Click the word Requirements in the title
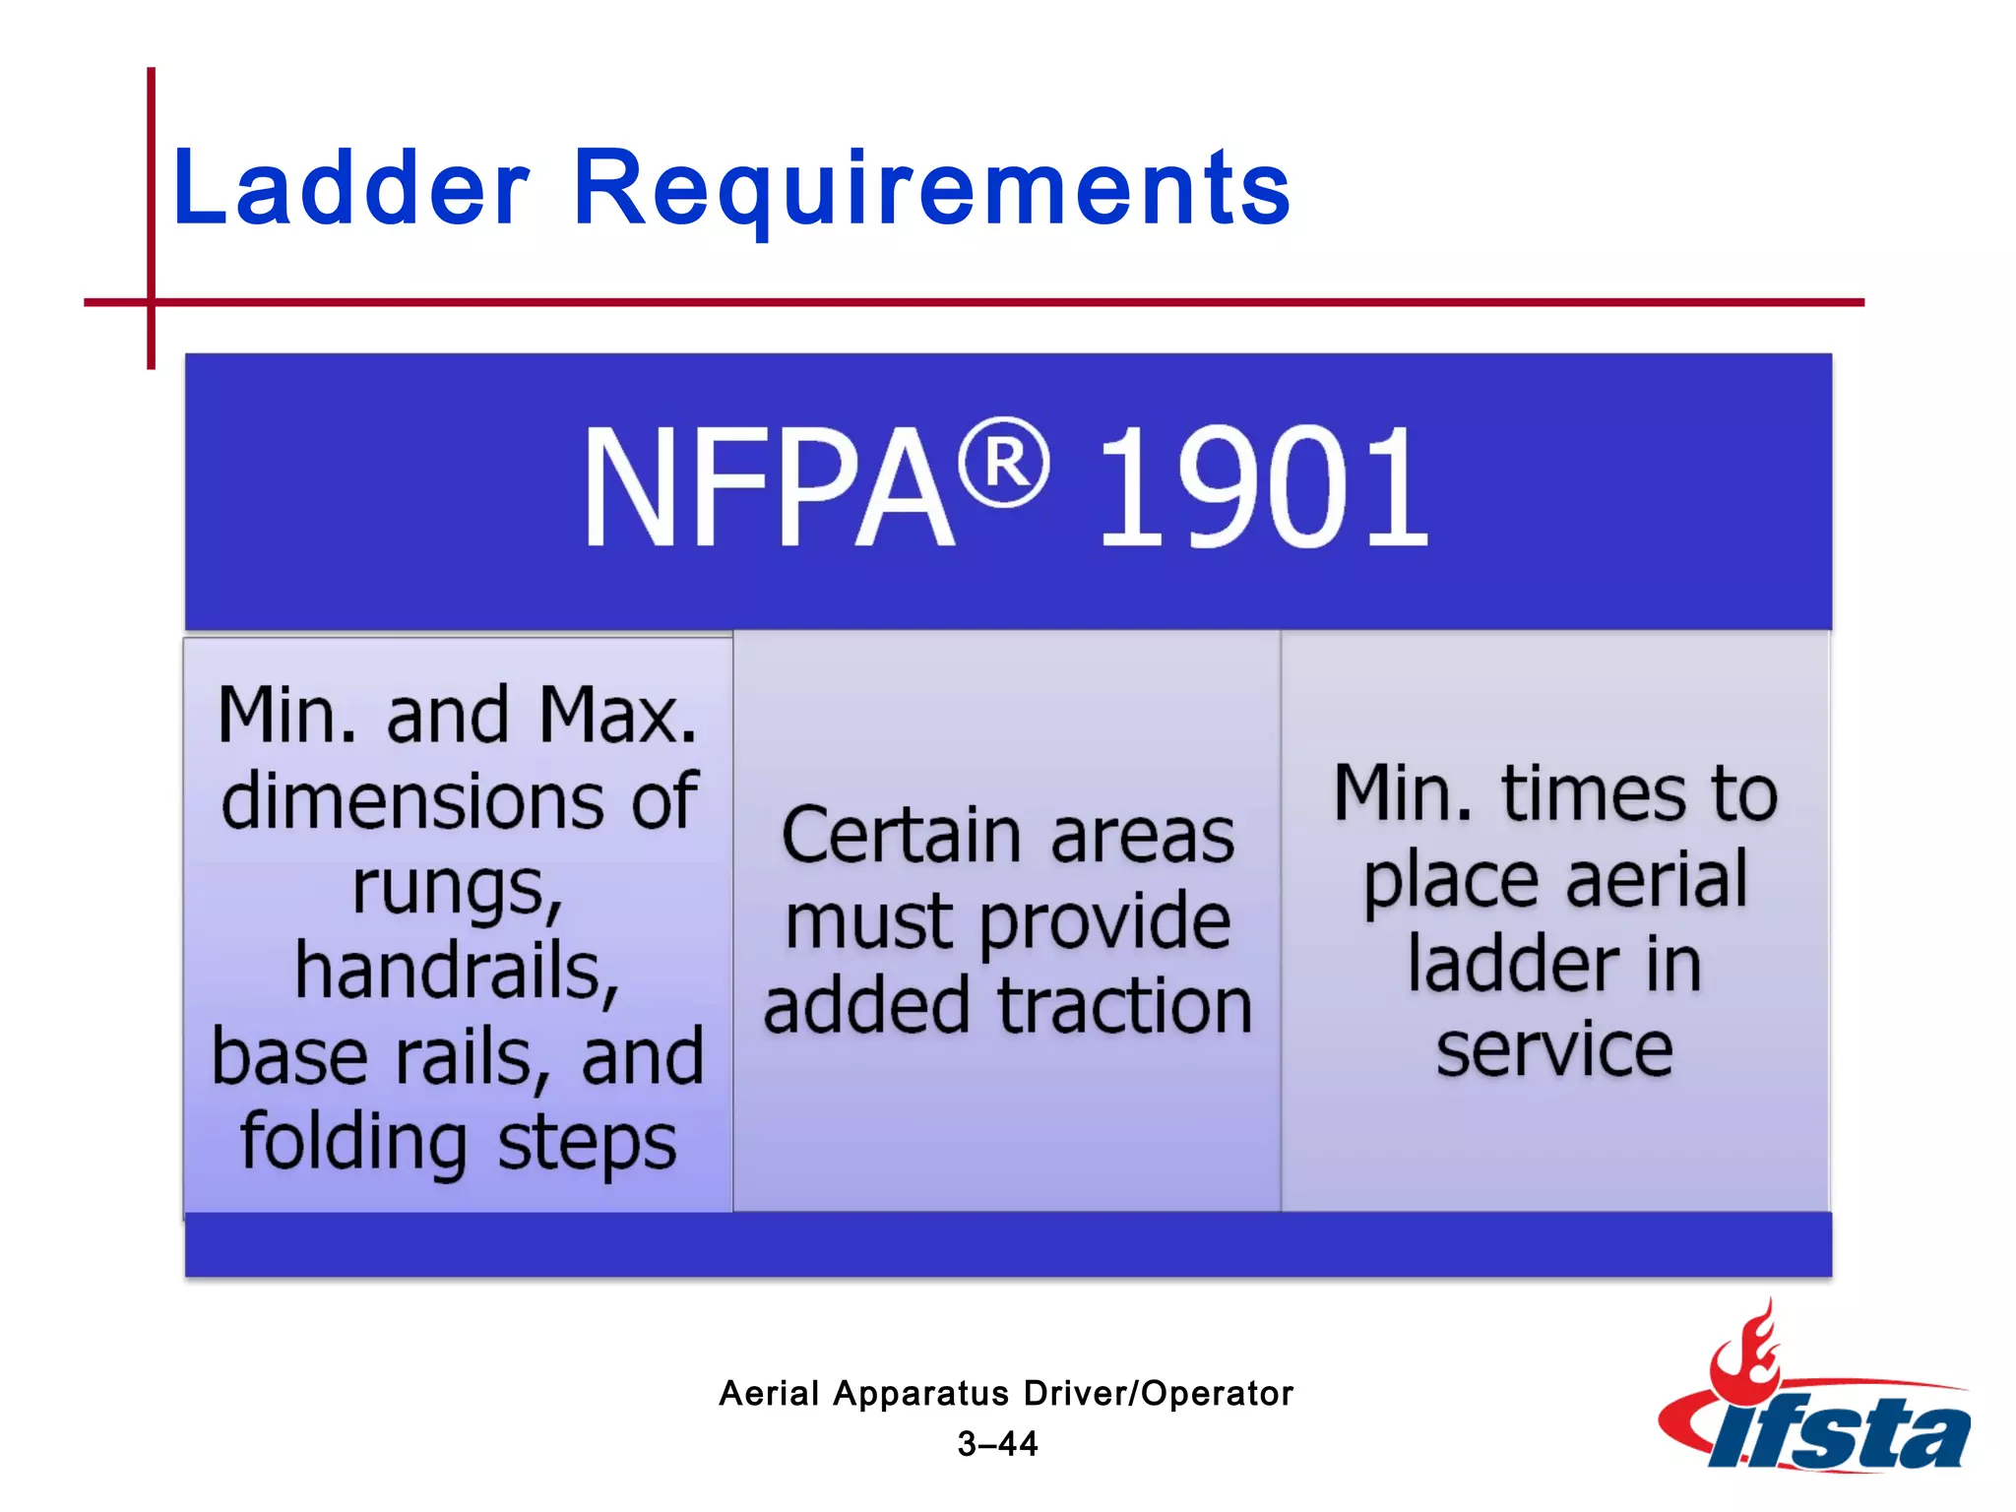tap(930, 189)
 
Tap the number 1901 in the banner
tap(1262, 487)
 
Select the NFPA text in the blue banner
tap(768, 487)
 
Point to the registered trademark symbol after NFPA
tap(1003, 462)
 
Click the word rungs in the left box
tap(457, 887)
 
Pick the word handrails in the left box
tap(457, 972)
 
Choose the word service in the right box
tap(1554, 1049)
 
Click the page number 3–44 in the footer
tap(997, 1444)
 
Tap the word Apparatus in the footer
tap(921, 1394)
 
